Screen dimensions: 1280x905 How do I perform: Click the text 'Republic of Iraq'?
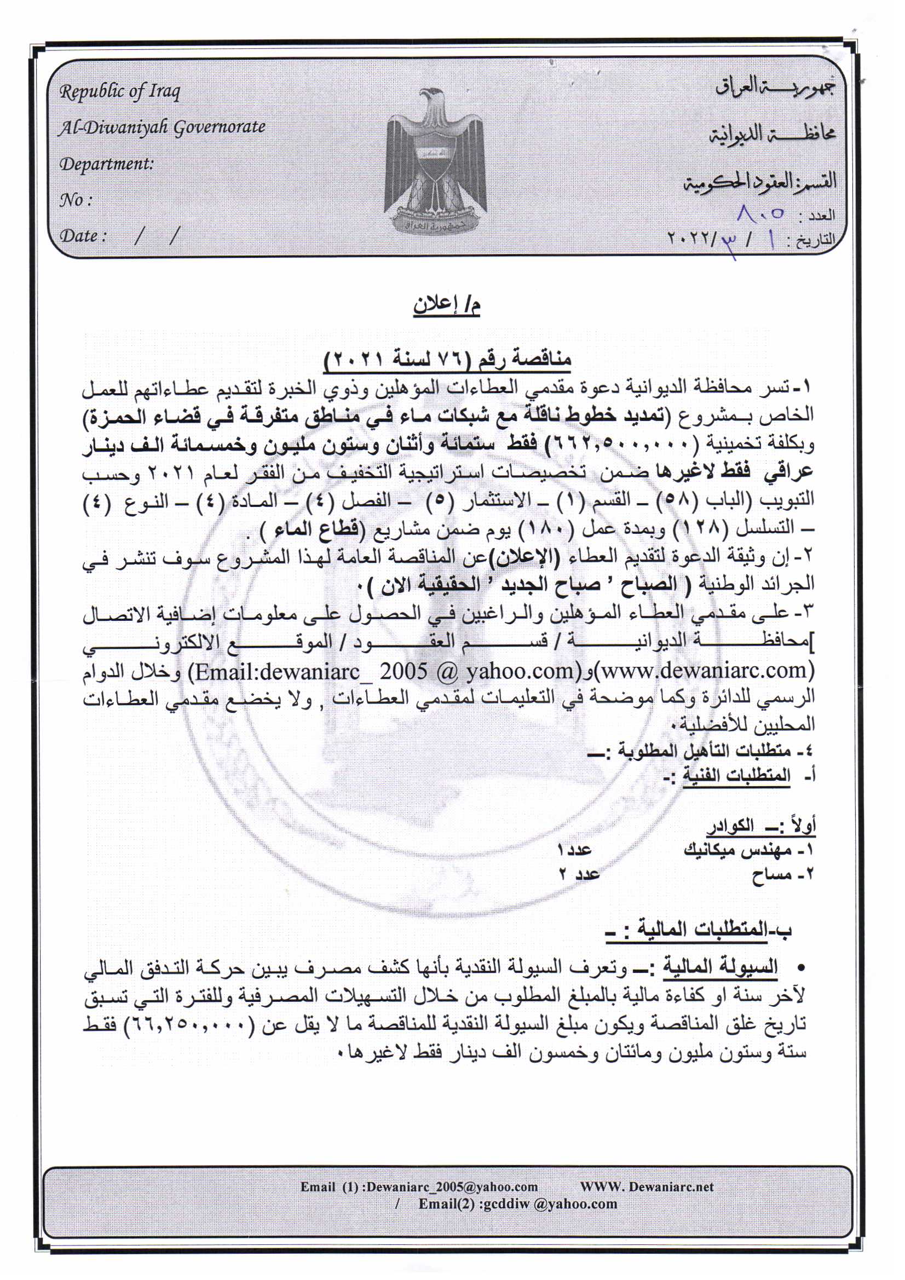click(x=120, y=91)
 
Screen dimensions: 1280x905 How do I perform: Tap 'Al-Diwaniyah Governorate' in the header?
click(x=162, y=127)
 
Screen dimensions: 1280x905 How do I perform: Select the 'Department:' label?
click(x=106, y=164)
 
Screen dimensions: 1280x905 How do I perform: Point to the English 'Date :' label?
click(x=83, y=236)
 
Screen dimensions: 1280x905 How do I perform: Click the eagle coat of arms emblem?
click(x=435, y=162)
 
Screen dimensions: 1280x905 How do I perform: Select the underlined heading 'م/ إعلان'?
click(x=447, y=305)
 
